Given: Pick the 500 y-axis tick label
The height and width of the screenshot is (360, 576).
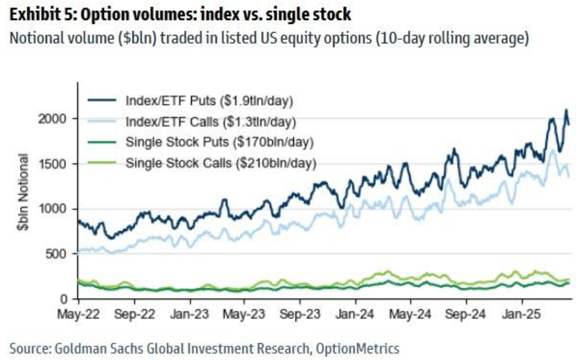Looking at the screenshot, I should [x=59, y=254].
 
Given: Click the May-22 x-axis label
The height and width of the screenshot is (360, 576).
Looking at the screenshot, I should [x=79, y=316].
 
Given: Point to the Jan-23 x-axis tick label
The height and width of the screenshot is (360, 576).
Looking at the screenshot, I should [x=189, y=316].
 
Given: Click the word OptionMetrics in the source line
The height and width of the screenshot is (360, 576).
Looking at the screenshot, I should [x=358, y=348].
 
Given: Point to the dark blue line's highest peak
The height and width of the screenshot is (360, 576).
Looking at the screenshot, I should [x=566, y=110].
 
